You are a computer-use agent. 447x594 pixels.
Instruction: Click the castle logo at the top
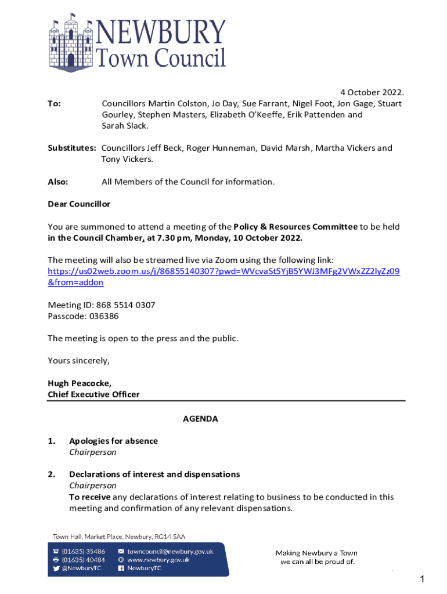click(x=71, y=41)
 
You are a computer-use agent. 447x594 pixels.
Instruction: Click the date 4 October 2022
click(x=372, y=93)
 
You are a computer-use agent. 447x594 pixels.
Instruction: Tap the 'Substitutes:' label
click(x=71, y=148)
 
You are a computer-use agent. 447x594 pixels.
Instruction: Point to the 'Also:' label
click(x=57, y=182)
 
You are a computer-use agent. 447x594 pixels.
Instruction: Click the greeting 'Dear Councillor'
click(x=78, y=204)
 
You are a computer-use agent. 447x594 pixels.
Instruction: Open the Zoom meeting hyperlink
click(x=223, y=271)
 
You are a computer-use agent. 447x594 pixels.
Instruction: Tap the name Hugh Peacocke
click(x=79, y=383)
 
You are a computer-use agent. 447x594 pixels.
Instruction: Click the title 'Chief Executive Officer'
click(x=93, y=394)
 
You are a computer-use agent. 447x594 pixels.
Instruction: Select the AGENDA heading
click(x=200, y=419)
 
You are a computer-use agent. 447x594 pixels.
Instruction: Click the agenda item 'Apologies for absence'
click(x=113, y=441)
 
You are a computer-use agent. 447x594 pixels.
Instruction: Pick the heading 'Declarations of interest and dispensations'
click(x=154, y=475)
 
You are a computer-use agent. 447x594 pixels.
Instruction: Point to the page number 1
click(x=423, y=579)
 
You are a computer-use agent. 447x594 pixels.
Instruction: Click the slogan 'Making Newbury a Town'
click(x=316, y=553)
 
